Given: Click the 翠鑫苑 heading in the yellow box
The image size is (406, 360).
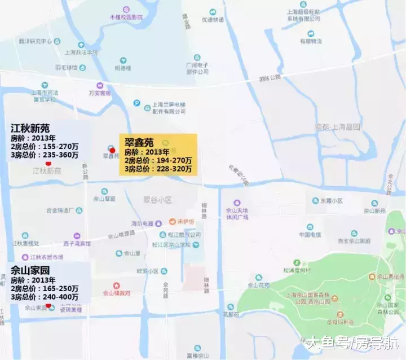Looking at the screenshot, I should point(139,143).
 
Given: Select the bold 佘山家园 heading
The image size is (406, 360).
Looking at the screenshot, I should point(30,270).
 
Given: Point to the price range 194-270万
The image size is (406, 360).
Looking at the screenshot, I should point(172,160).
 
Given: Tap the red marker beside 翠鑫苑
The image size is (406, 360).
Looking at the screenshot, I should point(112,150).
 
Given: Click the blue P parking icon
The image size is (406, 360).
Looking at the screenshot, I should point(136,103).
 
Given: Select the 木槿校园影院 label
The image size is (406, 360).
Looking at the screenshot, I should point(122,17).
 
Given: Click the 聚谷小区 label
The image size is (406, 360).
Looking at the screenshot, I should point(157,200).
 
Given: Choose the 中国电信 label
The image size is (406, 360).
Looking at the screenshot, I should point(310,234).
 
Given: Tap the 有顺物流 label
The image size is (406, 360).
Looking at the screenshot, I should point(311,41).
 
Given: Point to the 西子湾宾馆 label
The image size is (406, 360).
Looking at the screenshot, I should point(77,244).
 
